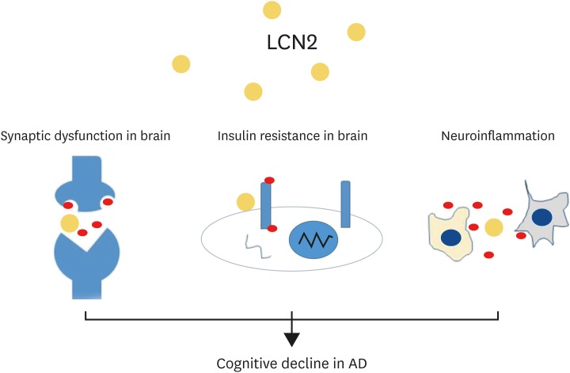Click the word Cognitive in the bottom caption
pos(243,363)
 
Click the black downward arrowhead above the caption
pos(292,339)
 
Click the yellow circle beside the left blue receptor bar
pos(245,202)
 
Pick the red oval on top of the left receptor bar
pos(268,181)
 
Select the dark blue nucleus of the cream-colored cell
pos(451,237)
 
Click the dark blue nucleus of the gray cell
pos(542,217)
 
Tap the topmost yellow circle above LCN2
pos(272,10)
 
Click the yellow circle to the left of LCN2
pos(181,64)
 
